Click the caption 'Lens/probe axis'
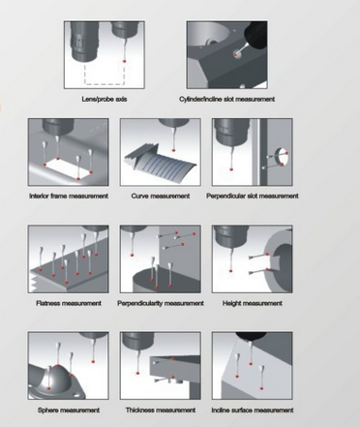[x=105, y=99]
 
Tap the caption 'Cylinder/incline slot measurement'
[x=227, y=99]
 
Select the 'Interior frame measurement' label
[x=69, y=196]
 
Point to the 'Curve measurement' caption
[x=161, y=196]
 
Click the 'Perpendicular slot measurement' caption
[x=253, y=196]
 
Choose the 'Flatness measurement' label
[x=69, y=303]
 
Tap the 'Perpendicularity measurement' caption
[x=161, y=303]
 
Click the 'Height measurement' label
[x=253, y=303]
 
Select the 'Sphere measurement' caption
[x=69, y=411]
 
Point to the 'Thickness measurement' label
[x=161, y=411]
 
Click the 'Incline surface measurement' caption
[x=253, y=411]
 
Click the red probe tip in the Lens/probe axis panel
[x=124, y=61]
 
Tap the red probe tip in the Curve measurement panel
[x=173, y=150]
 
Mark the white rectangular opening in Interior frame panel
[x=68, y=168]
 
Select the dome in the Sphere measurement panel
[x=57, y=378]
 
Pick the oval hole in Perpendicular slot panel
[x=282, y=157]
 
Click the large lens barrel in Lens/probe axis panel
[x=83, y=41]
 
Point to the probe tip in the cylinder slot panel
[x=237, y=55]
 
